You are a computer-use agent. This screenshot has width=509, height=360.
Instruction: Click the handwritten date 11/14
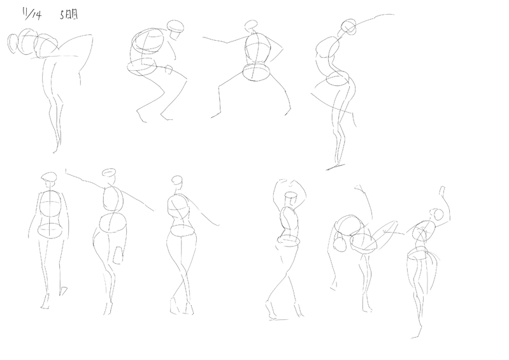[32, 14]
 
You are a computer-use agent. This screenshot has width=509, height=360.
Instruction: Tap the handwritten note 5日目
[69, 14]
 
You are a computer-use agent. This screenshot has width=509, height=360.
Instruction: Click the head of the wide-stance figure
[250, 25]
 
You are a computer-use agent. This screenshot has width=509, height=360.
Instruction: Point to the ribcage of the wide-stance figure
[258, 48]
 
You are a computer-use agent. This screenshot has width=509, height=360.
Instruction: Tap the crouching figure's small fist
[169, 69]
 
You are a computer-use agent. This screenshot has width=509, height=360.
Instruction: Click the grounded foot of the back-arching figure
[336, 167]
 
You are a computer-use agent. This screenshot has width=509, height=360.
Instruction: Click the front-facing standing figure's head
[49, 176]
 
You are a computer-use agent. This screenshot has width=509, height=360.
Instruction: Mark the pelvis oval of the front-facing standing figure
[49, 231]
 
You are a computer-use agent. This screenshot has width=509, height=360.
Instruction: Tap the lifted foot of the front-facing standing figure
[64, 291]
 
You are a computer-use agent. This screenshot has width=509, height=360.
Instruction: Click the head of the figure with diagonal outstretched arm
[108, 173]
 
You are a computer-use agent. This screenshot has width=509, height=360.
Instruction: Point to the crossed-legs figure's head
[177, 180]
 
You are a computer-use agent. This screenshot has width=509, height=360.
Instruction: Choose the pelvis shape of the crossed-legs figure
[183, 231]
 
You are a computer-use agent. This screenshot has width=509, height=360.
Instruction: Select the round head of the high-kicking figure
[340, 245]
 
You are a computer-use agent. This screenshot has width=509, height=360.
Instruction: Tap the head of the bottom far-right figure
[437, 215]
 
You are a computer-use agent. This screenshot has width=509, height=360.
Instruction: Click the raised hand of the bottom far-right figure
[442, 191]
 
